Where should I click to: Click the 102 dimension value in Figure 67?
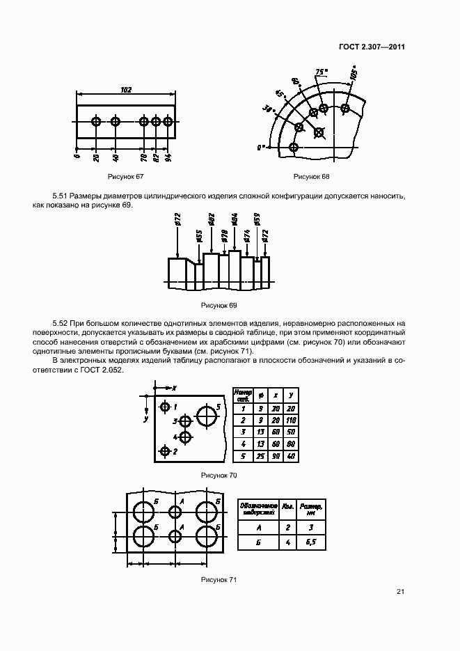click(x=126, y=90)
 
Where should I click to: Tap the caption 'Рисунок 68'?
click(x=310, y=175)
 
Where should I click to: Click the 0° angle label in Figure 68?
click(x=261, y=148)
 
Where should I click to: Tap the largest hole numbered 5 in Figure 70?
click(x=207, y=416)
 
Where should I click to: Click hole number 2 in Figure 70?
click(x=165, y=452)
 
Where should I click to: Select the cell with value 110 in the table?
click(x=292, y=421)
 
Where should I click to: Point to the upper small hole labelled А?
click(x=175, y=512)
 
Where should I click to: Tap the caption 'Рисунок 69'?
click(x=219, y=305)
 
